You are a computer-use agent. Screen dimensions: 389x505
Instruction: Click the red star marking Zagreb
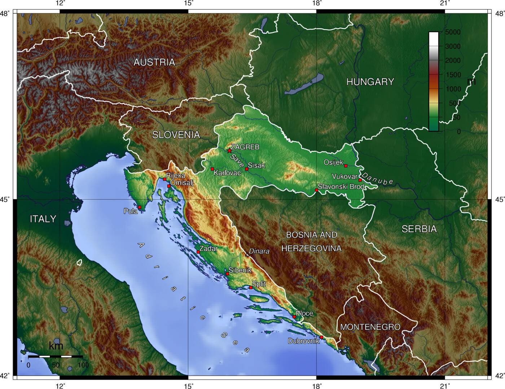229,150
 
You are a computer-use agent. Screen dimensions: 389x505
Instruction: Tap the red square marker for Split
251,288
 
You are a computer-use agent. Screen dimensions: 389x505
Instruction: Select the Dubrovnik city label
303,341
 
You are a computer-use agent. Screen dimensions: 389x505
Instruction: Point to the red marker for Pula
140,207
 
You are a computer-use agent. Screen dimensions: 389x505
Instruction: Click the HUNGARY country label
370,82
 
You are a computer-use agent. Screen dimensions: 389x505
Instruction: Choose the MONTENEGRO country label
370,327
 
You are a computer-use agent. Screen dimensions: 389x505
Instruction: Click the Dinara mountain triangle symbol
247,254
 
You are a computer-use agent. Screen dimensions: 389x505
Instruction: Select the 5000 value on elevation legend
453,32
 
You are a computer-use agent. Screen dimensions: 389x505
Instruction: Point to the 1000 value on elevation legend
453,89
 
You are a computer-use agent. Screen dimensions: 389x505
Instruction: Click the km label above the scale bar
56,346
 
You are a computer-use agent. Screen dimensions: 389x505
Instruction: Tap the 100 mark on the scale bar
83,365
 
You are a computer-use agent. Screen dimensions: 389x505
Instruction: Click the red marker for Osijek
346,166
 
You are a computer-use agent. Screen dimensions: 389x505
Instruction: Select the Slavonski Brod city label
341,187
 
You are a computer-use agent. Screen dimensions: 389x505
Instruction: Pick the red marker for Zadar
198,252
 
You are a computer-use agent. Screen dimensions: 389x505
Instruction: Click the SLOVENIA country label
176,135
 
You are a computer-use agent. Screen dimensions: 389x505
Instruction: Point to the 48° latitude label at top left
5,14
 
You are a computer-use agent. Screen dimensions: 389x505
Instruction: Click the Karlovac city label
227,173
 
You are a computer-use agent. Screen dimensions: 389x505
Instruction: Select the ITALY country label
43,219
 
